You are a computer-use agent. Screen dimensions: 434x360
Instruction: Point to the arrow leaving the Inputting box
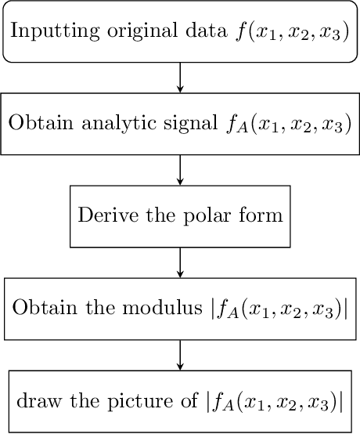(181, 78)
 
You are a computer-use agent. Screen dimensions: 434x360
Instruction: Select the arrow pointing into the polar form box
(181, 169)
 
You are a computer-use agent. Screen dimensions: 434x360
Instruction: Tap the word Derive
(103, 215)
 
